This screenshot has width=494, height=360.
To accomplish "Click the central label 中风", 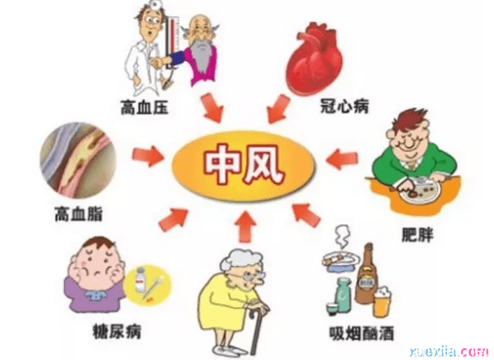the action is pos(244,165).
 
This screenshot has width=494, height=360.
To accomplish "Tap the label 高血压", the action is pos(145,108).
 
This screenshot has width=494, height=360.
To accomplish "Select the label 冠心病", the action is pos(345,106).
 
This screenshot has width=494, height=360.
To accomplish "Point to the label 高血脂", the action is pos(79,214).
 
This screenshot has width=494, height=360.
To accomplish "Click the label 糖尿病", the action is pos(117,331).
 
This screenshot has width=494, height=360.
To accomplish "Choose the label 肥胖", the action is pos(418,234).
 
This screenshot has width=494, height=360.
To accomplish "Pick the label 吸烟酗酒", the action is pos(362,333).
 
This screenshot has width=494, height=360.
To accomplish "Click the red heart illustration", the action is pos(315,58).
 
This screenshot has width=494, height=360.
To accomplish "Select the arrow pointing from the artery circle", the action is pos(148,155).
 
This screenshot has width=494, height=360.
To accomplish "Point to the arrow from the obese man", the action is pos(342,159).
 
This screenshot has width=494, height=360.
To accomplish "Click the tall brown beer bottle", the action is pos(367,274).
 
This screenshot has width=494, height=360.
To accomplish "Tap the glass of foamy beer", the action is pos(382,302).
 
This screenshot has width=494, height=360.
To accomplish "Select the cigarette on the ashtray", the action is pos(335,258).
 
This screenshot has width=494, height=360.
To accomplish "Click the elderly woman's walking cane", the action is pos(255,331).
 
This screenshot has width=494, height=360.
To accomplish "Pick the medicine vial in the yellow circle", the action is pos(139,280).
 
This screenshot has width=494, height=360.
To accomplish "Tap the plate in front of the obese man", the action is pos(418,192).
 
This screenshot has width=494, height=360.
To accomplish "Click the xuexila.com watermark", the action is pos(449,351).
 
